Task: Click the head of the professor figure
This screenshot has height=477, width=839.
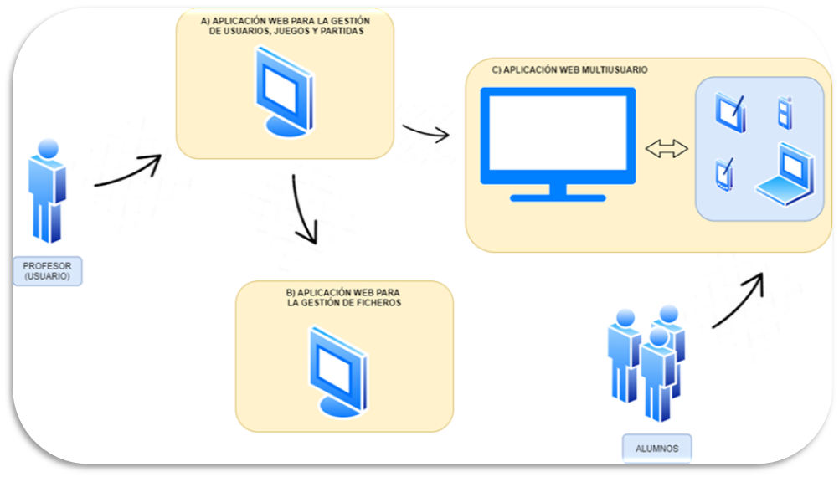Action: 49,150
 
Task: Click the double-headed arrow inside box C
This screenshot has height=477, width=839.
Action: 667,149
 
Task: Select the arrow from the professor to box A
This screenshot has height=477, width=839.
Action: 127,172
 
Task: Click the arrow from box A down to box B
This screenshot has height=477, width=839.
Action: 305,210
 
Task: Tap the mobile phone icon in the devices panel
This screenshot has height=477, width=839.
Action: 784,113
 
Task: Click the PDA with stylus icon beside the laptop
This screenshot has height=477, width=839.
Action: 723,174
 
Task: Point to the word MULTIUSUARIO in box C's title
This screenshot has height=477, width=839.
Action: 614,70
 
